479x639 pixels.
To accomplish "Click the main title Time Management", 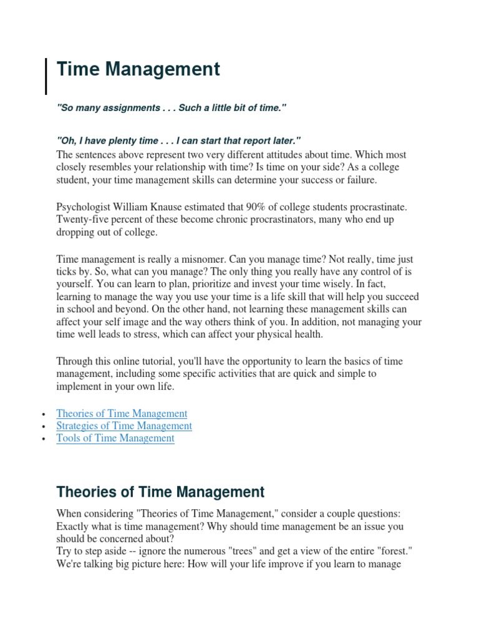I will coord(138,70).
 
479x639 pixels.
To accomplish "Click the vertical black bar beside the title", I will coord(46,76).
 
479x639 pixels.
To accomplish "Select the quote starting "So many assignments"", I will coord(171,109).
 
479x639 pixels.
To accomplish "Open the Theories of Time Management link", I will coord(122,413).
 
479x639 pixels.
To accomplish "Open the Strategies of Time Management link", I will coord(124,426).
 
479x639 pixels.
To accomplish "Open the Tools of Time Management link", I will coord(115,438).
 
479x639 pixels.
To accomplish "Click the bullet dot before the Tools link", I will coord(43,439).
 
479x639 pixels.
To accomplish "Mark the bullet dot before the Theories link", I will coord(43,414).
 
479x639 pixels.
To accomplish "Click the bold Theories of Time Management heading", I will coord(160,492).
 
